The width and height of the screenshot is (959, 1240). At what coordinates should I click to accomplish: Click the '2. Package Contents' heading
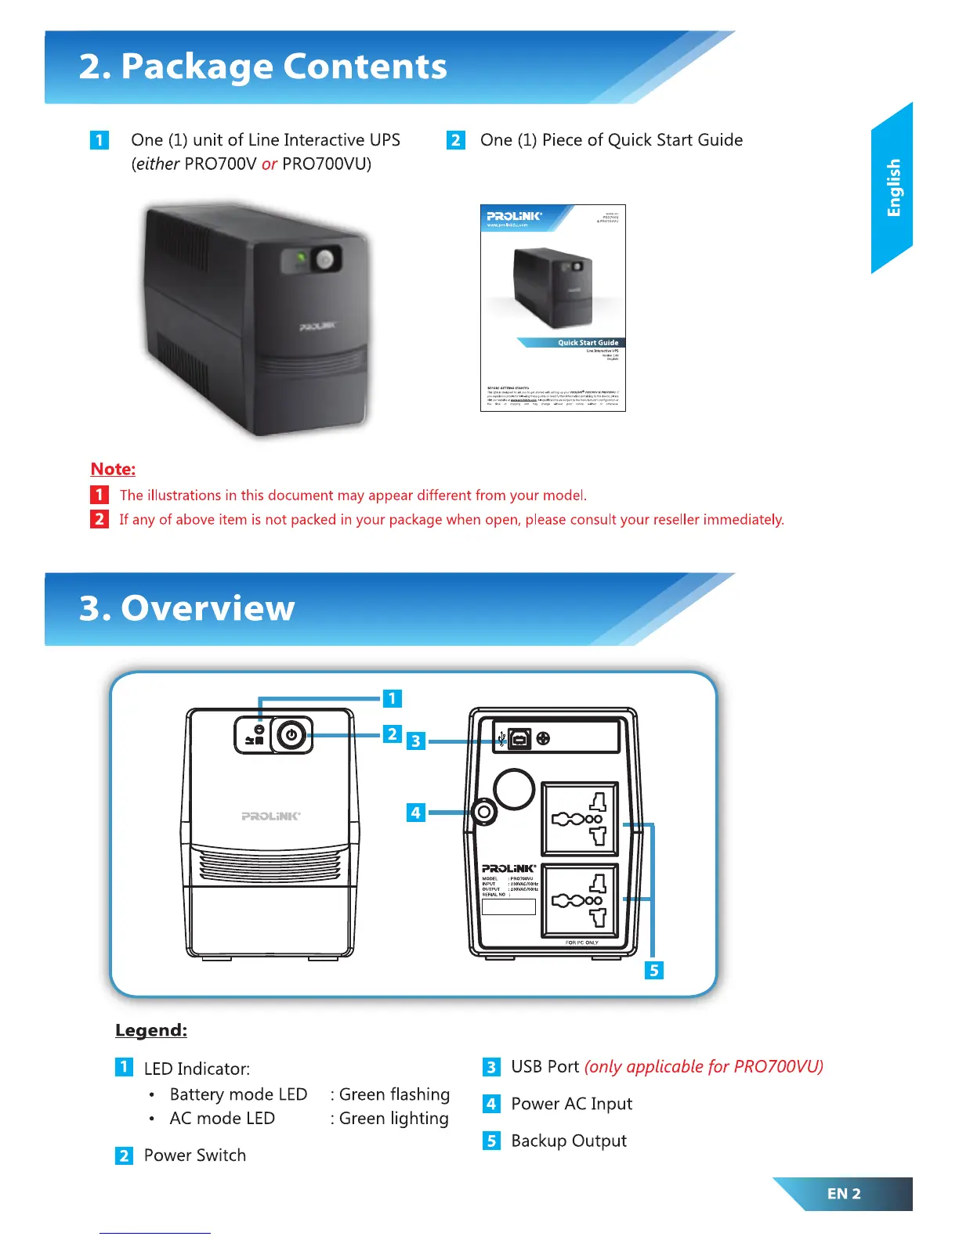tap(263, 67)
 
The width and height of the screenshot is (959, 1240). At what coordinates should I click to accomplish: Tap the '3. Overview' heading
tap(187, 608)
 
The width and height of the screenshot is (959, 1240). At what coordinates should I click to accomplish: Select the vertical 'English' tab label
tap(893, 188)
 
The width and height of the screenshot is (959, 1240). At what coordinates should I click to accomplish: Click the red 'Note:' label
tap(113, 469)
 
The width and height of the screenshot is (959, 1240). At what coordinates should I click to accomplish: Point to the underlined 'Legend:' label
tap(151, 1030)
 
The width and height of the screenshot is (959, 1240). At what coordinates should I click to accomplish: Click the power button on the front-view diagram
tap(291, 735)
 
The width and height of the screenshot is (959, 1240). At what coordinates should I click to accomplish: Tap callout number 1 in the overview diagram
tap(392, 698)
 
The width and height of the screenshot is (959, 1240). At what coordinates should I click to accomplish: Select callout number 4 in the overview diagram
tap(415, 813)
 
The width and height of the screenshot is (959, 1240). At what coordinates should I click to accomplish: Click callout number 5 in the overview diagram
tap(653, 971)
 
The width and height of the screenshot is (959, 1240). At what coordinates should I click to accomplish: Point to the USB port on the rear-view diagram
tap(519, 738)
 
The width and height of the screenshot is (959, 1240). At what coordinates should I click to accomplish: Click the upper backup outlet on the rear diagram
tap(580, 820)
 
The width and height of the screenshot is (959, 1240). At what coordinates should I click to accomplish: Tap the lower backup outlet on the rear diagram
tap(580, 901)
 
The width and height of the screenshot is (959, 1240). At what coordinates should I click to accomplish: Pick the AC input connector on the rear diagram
tap(484, 813)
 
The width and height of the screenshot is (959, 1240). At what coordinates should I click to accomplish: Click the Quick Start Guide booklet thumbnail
tap(552, 308)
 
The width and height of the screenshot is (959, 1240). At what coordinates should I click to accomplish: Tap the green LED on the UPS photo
tap(300, 257)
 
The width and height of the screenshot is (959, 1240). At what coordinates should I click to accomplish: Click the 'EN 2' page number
tap(844, 1194)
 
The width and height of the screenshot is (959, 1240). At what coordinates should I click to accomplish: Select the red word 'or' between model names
tap(270, 164)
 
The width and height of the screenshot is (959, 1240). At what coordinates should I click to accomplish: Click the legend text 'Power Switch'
tap(195, 1155)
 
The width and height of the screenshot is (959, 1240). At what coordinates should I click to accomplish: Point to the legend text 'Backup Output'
tap(569, 1141)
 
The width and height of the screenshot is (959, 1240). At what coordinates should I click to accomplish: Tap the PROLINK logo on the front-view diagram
tap(270, 816)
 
